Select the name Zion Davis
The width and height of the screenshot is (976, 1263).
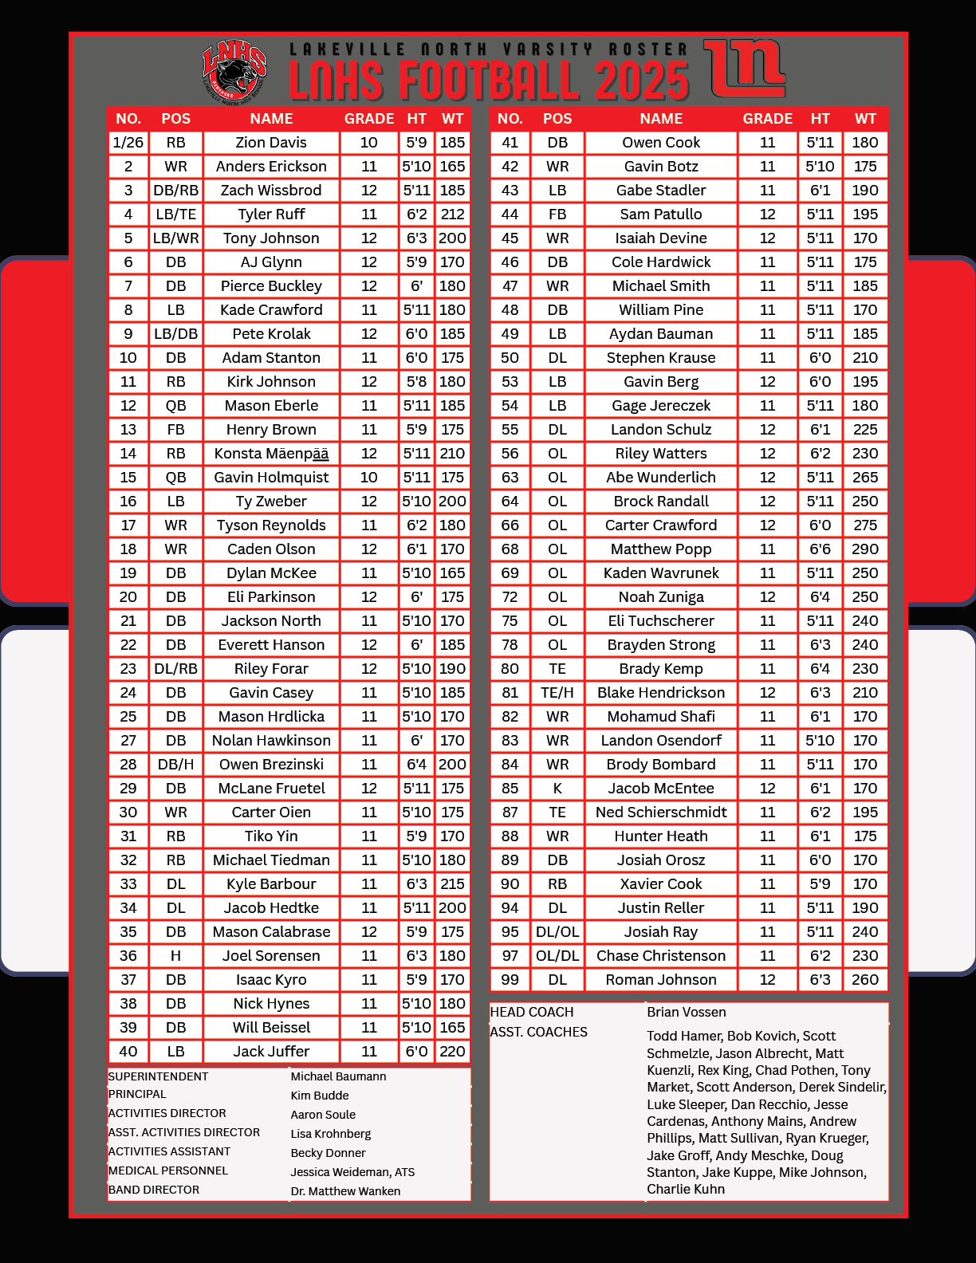coord(271,143)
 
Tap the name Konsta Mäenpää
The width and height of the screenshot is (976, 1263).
coord(271,454)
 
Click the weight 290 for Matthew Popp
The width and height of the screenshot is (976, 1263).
coord(865,549)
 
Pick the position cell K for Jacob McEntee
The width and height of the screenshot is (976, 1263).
coord(557,789)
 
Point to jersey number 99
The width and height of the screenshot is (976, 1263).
coord(510,980)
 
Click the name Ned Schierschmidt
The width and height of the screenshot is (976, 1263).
coord(661,812)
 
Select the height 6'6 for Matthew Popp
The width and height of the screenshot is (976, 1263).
coord(820,549)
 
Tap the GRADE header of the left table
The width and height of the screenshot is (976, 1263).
coord(369,119)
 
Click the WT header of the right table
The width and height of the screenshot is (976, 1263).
coord(865,119)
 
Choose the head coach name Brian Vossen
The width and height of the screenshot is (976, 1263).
coord(687,1012)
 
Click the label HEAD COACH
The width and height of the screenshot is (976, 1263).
coord(532,1012)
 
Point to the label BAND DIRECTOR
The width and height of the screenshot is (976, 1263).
coord(154,1190)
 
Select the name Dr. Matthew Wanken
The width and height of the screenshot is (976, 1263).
coord(345,1191)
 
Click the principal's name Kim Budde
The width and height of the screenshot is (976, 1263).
coord(320,1096)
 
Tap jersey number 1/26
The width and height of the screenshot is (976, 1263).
coord(128,143)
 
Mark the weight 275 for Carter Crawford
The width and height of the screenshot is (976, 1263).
coord(865,525)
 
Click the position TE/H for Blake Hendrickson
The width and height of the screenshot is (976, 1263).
coord(557,693)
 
